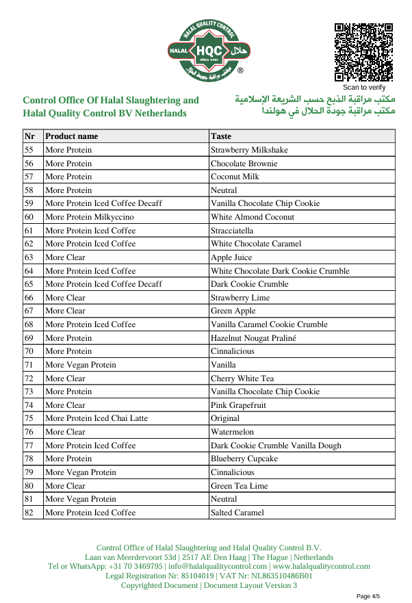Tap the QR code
coord(363,53)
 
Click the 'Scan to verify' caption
coord(364,88)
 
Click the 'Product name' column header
coord(72,136)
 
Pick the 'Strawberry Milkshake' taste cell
coord(249,150)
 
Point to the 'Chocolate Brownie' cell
coord(244,164)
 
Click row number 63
coord(29,257)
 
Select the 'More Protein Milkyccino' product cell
coord(90,217)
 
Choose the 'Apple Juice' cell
coord(231,257)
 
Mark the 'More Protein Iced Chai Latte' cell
coord(96,418)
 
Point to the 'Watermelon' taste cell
coord(232,432)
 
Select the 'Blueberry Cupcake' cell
coord(244,459)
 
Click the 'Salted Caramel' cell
coord(237,513)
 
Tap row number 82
coord(29,513)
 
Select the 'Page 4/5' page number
coord(368,596)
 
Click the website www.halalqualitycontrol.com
coord(320,567)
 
